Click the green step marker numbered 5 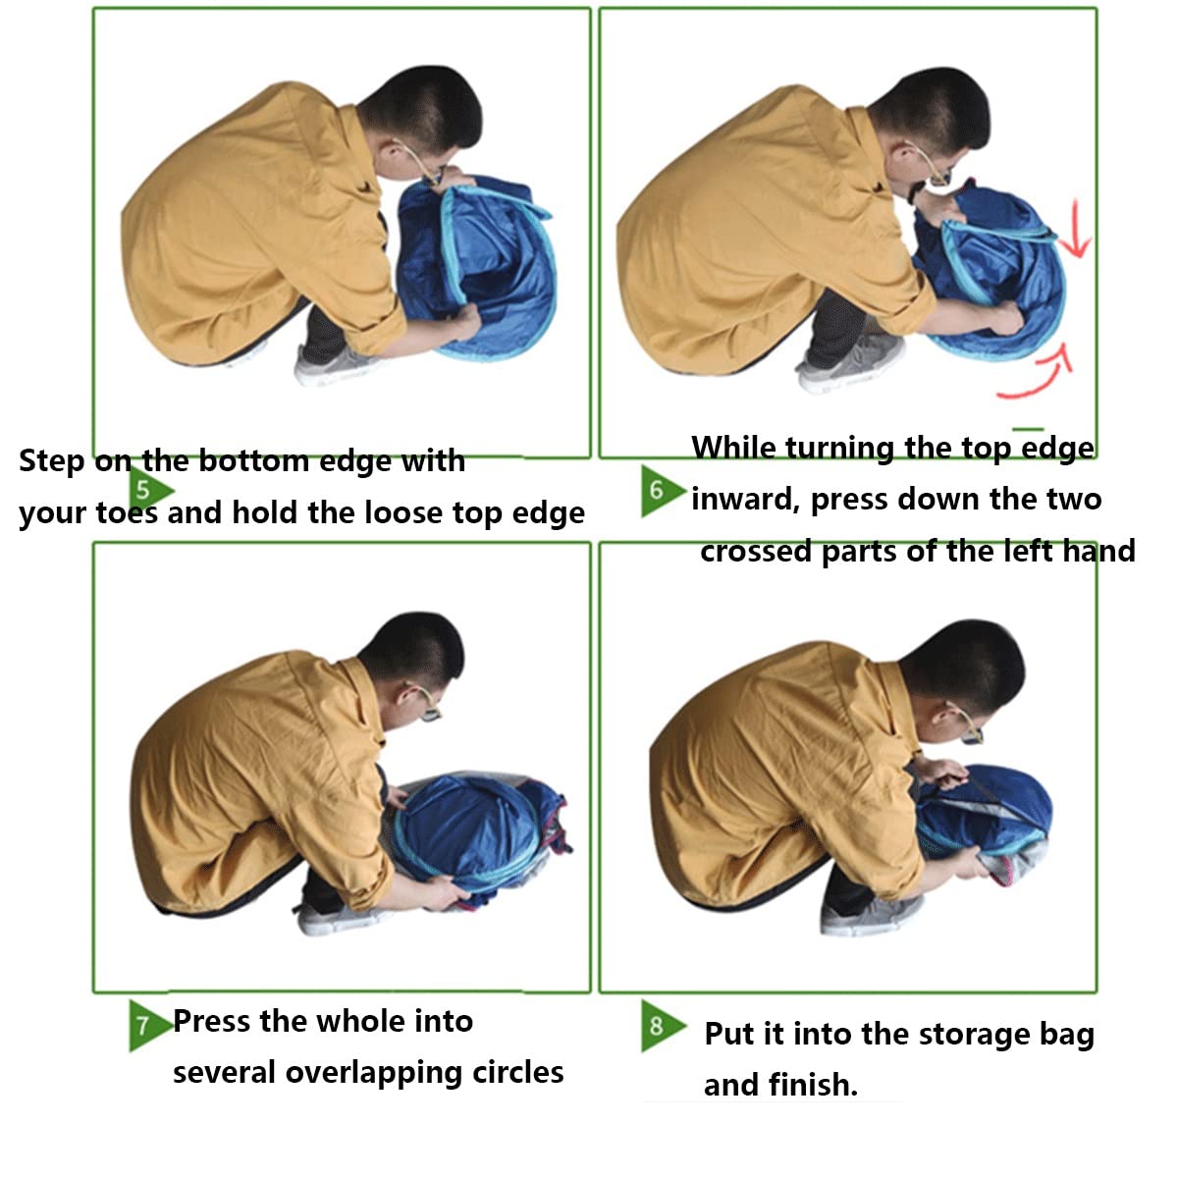click(150, 490)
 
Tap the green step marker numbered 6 click(662, 491)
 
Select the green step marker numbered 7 click(149, 1025)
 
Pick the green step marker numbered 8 click(662, 1025)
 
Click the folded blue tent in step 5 click(477, 267)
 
